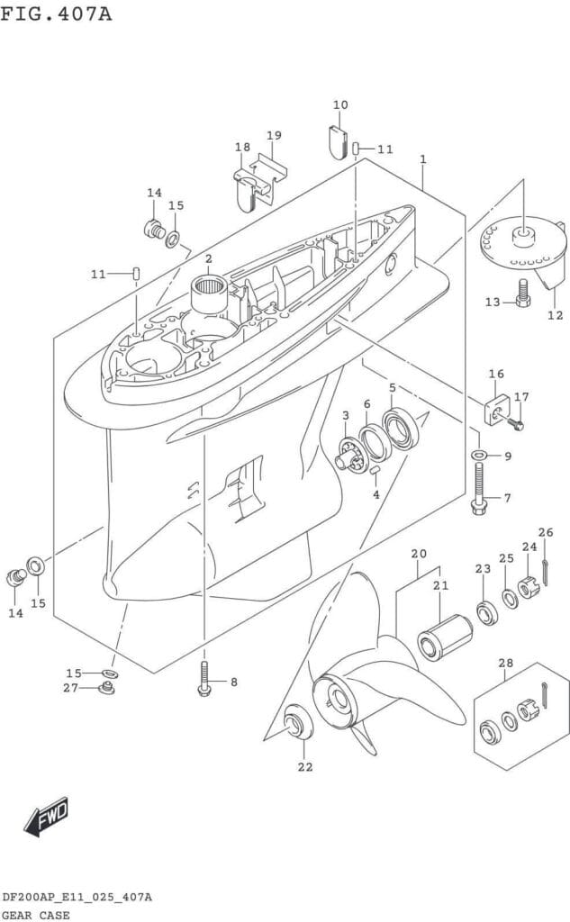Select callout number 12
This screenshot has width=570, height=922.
(x=555, y=315)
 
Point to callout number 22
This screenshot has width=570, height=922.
(x=304, y=767)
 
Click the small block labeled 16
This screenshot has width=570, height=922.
(x=496, y=406)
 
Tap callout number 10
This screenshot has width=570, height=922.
(x=339, y=105)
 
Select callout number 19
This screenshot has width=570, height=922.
(x=274, y=135)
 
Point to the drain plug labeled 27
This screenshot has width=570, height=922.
(x=106, y=689)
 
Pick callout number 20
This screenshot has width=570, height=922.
(x=419, y=553)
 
